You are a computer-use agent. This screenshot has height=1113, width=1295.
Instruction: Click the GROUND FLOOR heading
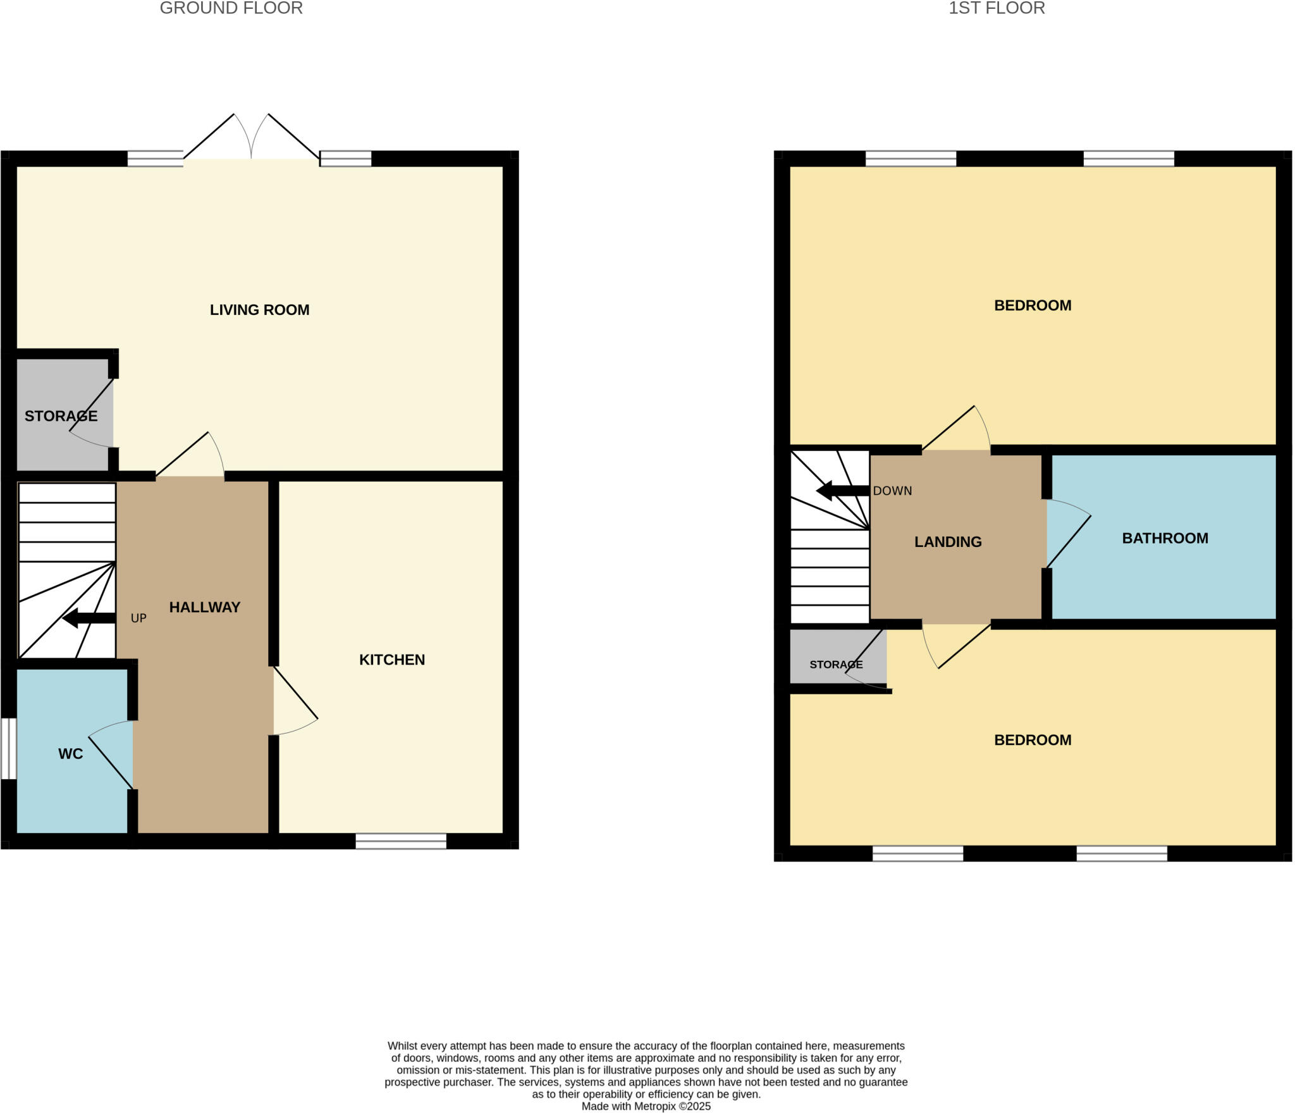pyautogui.click(x=231, y=8)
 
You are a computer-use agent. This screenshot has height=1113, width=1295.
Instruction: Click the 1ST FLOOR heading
pyautogui.click(x=997, y=8)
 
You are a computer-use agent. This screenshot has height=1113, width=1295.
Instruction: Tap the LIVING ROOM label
pyautogui.click(x=259, y=310)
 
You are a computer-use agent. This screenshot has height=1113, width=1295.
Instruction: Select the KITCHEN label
pyautogui.click(x=391, y=660)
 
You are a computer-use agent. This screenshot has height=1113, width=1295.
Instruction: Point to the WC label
pyautogui.click(x=70, y=754)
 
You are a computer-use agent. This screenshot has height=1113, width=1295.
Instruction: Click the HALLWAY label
pyautogui.click(x=204, y=607)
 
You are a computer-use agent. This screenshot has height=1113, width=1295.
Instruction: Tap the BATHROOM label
pyautogui.click(x=1165, y=538)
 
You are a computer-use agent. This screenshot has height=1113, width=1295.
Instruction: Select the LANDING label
pyautogui.click(x=948, y=542)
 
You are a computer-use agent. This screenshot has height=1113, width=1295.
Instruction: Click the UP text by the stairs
pyautogui.click(x=138, y=618)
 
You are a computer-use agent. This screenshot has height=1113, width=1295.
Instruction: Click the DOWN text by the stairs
pyautogui.click(x=892, y=491)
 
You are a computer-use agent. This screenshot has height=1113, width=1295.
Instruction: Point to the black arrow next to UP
pyautogui.click(x=89, y=618)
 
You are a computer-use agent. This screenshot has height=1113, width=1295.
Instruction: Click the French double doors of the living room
pyautogui.click(x=251, y=139)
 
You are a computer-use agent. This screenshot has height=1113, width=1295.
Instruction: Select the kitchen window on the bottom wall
pyautogui.click(x=400, y=841)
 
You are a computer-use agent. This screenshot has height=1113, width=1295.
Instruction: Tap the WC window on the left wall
pyautogui.click(x=8, y=749)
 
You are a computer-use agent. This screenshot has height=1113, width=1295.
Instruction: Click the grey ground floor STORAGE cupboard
pyautogui.click(x=61, y=415)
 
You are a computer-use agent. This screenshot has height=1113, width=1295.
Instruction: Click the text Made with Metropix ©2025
pyautogui.click(x=646, y=1106)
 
